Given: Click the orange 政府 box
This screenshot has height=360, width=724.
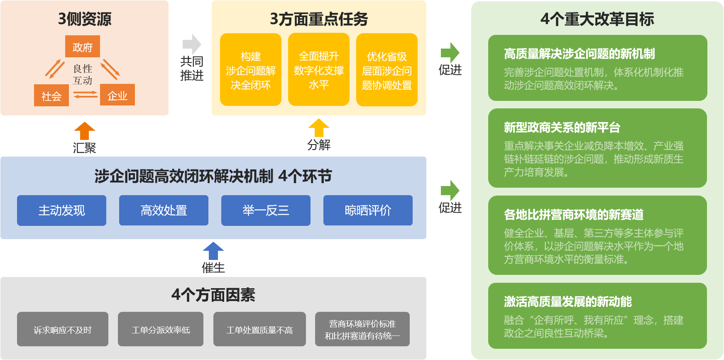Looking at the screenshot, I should [82, 47].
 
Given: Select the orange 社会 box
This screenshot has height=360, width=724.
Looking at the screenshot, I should [51, 96].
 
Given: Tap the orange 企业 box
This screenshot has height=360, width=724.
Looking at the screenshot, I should [117, 95].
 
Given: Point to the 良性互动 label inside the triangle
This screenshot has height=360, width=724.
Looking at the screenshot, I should [83, 74].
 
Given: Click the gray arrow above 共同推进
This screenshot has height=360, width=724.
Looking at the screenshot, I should [191, 44].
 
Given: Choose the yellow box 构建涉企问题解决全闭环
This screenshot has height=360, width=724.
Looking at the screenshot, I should [250, 70].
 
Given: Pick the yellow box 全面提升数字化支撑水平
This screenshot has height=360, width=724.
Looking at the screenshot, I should [318, 70].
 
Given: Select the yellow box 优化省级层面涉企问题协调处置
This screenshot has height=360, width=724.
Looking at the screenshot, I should [386, 70].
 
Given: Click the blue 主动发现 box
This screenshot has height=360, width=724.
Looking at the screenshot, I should [61, 211].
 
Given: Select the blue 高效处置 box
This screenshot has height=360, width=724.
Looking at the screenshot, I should [164, 211].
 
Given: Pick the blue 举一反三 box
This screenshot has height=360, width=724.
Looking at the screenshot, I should [266, 211].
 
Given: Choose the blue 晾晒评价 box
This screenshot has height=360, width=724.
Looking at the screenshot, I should [368, 211].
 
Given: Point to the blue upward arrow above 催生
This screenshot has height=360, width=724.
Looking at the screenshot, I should [213, 251].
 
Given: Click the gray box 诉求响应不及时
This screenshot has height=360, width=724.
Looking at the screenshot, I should [63, 329].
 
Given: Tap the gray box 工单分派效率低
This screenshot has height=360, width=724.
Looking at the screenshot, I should [161, 329].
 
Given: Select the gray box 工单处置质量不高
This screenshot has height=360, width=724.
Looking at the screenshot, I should [259, 329].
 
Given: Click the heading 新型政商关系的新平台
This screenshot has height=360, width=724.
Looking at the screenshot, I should [562, 127].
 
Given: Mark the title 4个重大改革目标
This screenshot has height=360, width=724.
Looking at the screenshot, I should [597, 19].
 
